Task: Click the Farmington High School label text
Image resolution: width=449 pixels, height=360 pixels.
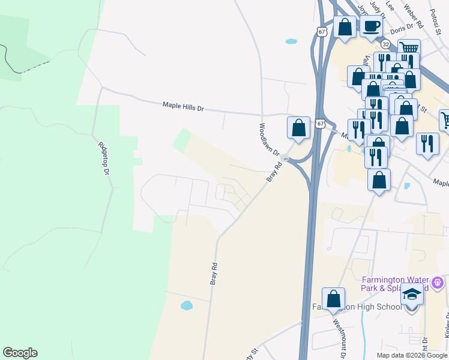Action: (x=357, y=307)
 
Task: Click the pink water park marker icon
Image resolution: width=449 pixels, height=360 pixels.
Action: (x=438, y=281)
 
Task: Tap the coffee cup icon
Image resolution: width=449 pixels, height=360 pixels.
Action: (x=371, y=26)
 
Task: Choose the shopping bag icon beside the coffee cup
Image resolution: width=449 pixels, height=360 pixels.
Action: (x=345, y=27)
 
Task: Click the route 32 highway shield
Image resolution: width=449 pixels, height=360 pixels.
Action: (x=385, y=44)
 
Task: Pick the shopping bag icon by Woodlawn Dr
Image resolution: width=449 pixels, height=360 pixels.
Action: (x=298, y=128)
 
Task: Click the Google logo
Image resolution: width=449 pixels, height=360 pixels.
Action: (x=20, y=353)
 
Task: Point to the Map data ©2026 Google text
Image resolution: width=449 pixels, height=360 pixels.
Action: (x=412, y=355)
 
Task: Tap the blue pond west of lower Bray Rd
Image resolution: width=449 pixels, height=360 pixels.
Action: (x=187, y=305)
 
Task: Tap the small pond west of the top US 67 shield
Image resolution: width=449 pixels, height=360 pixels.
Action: (x=291, y=42)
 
